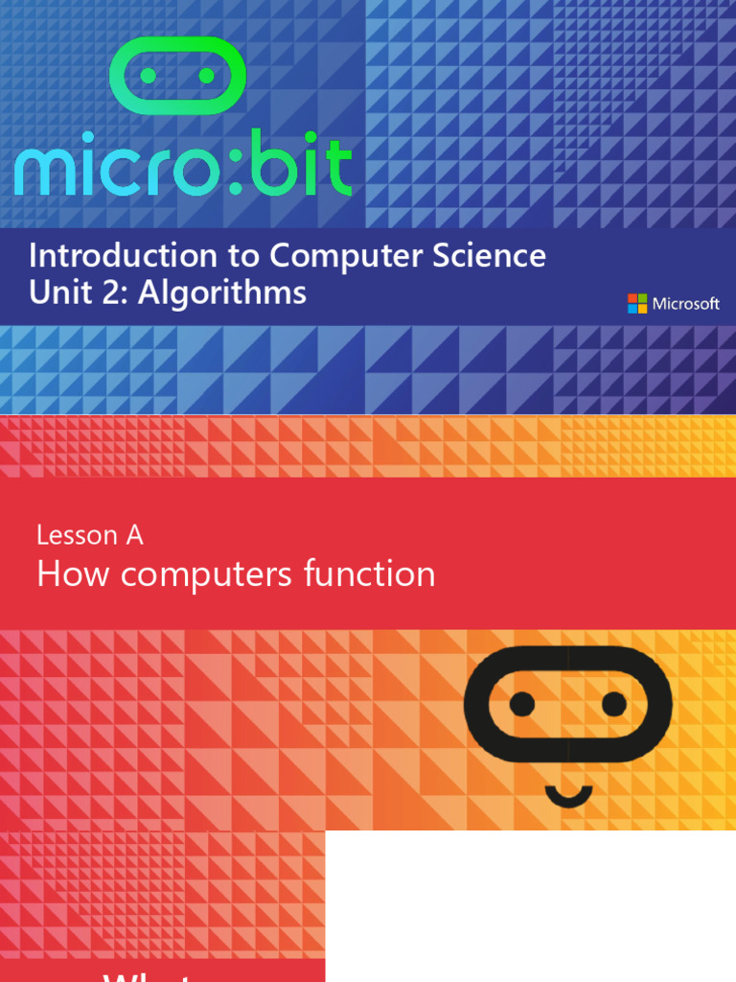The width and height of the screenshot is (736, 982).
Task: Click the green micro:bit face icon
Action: [x=178, y=74]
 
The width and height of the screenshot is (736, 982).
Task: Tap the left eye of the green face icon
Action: [x=149, y=75]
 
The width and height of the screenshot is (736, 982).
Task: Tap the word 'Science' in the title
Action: [x=493, y=256]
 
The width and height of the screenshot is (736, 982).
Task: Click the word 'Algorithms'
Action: [x=222, y=292]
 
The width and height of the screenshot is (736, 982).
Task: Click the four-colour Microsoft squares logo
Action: [x=637, y=304]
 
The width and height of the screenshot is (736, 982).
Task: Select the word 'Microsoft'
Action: [x=686, y=304]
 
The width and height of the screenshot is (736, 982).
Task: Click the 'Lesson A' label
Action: [x=90, y=535]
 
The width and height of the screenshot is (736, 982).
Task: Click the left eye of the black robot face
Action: [x=522, y=705]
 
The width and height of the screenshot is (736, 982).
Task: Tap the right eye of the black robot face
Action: [x=614, y=705]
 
